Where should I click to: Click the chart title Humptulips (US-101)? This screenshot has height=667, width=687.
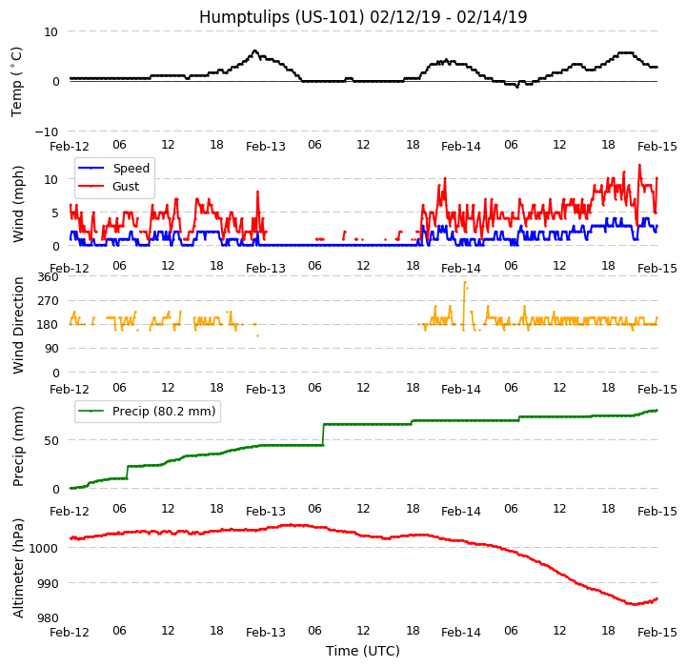tap(363, 17)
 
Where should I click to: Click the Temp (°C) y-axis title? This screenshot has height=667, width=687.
tap(17, 81)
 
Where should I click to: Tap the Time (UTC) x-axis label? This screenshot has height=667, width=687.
tap(363, 652)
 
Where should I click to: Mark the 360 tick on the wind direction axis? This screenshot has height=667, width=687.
tap(48, 277)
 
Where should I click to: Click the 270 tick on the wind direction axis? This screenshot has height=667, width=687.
tap(48, 301)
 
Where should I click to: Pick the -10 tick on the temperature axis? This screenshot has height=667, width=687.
tap(47, 131)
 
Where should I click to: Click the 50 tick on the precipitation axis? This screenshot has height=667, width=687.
tap(51, 440)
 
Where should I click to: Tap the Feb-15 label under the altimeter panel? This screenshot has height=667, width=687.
tap(657, 633)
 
